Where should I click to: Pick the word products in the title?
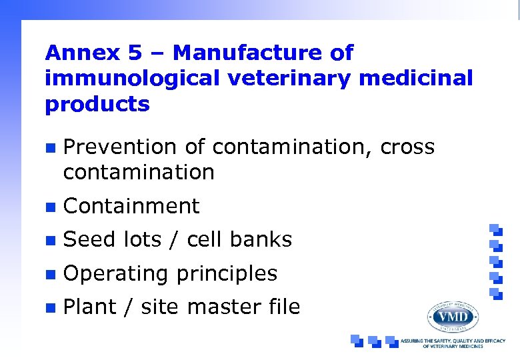[x=97, y=105]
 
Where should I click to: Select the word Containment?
[x=131, y=206]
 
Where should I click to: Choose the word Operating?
[x=116, y=273]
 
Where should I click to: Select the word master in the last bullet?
[x=219, y=307]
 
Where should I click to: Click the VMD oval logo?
[x=453, y=316]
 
